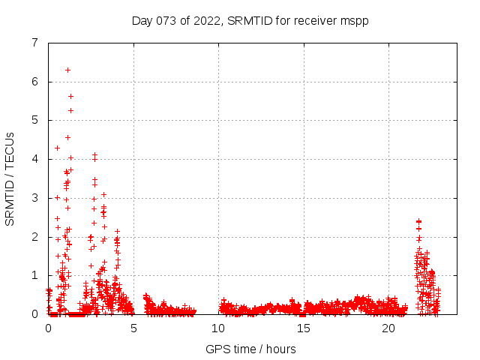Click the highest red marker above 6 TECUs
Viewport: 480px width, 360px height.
point(67,70)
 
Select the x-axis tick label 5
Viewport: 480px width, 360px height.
point(133,328)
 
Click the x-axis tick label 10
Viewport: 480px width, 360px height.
point(218,328)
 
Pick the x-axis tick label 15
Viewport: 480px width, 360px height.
point(304,328)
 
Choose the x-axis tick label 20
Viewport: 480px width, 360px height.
point(388,328)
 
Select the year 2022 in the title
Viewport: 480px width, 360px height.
point(207,20)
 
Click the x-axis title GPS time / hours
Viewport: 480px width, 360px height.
point(250,349)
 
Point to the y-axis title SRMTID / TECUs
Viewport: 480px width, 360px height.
point(10,178)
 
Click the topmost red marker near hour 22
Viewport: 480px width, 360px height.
point(418,221)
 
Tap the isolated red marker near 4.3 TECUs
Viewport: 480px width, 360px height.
point(57,148)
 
